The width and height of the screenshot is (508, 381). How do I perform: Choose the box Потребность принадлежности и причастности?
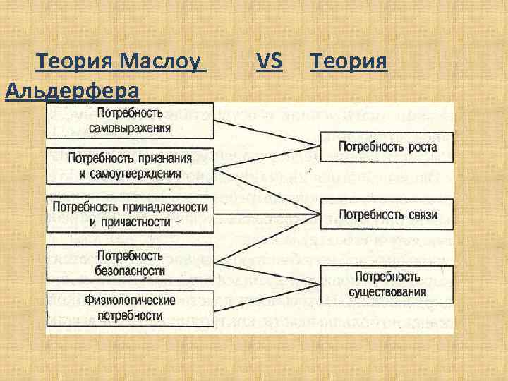(x=130, y=214)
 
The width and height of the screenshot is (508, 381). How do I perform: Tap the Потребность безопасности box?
(x=130, y=262)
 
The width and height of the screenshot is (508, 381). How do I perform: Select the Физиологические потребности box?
(x=130, y=307)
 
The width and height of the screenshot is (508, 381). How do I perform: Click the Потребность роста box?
(x=387, y=147)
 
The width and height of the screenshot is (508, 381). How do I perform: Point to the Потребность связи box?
(x=387, y=214)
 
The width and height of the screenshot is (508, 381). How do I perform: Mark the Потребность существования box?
(x=387, y=283)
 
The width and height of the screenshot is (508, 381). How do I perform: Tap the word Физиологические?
(x=131, y=301)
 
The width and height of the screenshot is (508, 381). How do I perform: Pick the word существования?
(x=387, y=291)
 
